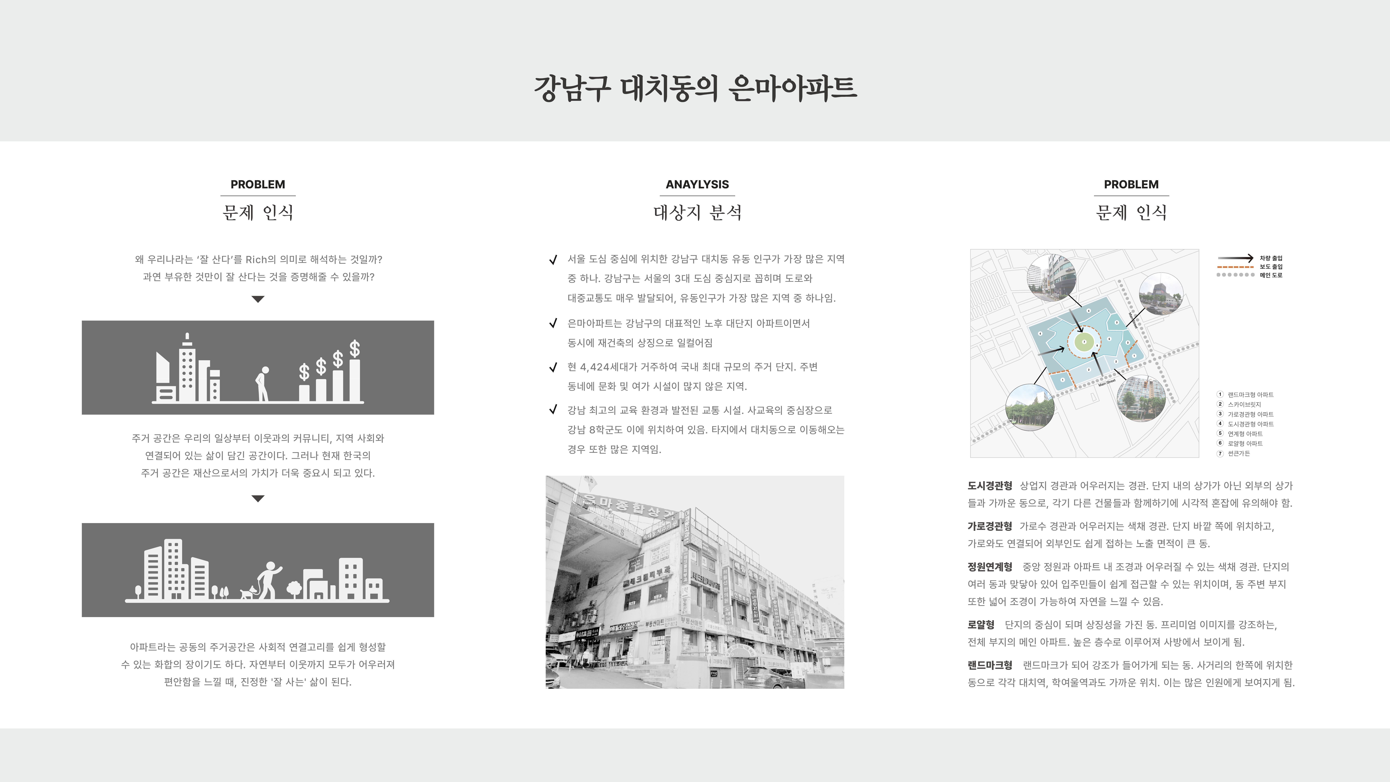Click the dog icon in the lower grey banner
[x=247, y=593]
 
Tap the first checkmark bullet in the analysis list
[x=553, y=260]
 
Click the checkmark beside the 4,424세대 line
[x=553, y=368]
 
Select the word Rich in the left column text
[x=256, y=260]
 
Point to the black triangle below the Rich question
[x=258, y=299]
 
